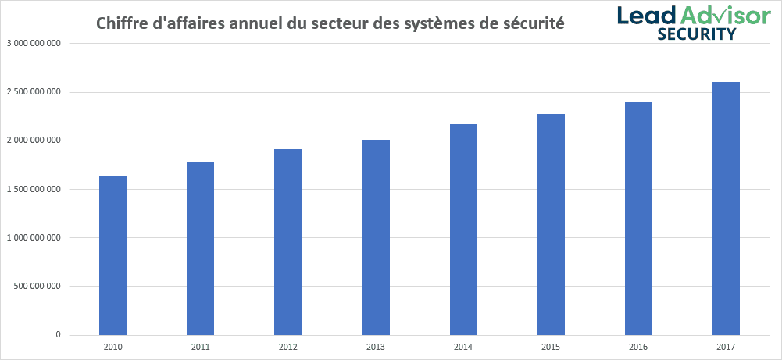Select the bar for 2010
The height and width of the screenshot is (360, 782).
[x=112, y=256]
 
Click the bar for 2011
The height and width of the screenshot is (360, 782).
[x=200, y=249]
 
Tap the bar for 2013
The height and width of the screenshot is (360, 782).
[x=376, y=237]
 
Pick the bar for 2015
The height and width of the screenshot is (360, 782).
[x=551, y=225]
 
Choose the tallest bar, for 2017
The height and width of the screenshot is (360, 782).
[x=726, y=209]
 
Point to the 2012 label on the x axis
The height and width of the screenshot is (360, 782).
[x=287, y=345]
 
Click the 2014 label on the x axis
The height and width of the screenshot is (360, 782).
[x=463, y=345]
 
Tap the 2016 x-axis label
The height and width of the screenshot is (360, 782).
[x=638, y=345]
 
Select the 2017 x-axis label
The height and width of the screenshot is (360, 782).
[x=726, y=345]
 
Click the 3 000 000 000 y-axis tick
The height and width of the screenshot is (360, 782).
[x=34, y=44]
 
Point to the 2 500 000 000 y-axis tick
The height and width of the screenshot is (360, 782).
[x=34, y=92]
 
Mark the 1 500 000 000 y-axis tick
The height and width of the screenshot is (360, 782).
[x=34, y=189]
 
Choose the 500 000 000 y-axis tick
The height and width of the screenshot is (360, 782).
[x=38, y=286]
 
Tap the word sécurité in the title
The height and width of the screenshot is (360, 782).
[x=534, y=23]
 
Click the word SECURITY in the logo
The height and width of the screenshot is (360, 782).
[x=695, y=34]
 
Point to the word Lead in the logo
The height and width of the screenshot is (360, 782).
[x=646, y=15]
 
